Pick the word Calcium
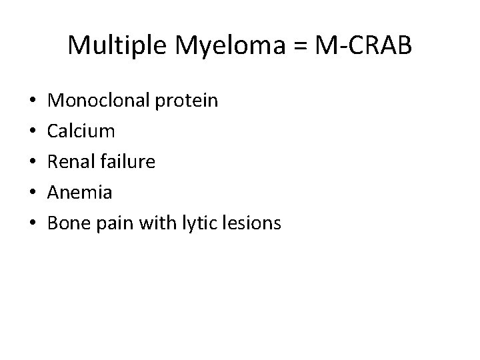coord(82,131)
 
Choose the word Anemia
coord(81,192)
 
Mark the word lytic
coord(198,223)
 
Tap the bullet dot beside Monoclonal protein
coord(33,101)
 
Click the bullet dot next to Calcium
coord(33,131)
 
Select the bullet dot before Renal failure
coord(33,162)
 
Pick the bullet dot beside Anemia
coord(33,193)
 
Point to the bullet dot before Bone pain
coord(33,223)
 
